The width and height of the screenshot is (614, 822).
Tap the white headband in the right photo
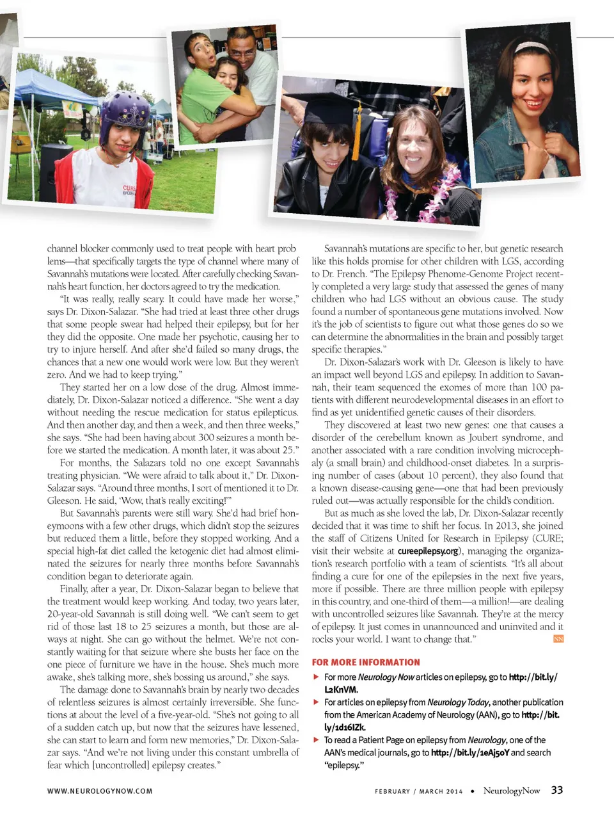[x=532, y=47]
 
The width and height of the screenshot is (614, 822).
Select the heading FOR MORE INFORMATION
[x=366, y=663]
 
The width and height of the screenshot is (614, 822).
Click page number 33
[x=557, y=790]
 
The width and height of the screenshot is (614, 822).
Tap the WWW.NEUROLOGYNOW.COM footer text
[x=100, y=791]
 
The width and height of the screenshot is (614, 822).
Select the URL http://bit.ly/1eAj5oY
[x=470, y=753]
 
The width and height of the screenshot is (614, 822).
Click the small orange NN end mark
[x=558, y=639]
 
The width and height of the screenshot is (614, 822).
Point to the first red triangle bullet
[x=316, y=677]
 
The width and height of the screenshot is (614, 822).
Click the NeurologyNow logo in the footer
[x=512, y=791]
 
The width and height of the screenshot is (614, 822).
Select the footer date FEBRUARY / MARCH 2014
[x=418, y=791]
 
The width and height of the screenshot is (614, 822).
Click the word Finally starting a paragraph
[x=74, y=589]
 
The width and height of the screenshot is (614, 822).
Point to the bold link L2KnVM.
[x=341, y=689]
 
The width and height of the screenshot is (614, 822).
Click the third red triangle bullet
[x=316, y=740]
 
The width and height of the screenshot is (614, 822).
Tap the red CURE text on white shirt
[x=129, y=188]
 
